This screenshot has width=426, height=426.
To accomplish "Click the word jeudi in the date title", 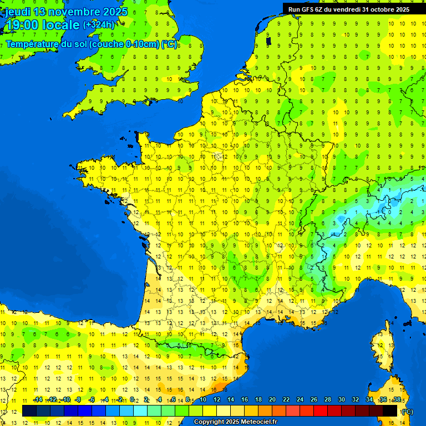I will pyautogui.click(x=18, y=12).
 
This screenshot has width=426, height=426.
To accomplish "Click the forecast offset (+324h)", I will pyautogui.click(x=99, y=25).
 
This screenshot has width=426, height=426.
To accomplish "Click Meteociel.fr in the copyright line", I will pyautogui.click(x=258, y=422).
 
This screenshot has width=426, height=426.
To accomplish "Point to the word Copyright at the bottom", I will pyautogui.click(x=209, y=422).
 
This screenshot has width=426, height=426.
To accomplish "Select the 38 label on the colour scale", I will pyautogui.click(x=397, y=399).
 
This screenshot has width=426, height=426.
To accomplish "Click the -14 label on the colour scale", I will pyautogui.click(x=38, y=399).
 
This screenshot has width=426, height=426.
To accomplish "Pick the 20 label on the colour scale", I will pyautogui.click(x=272, y=399).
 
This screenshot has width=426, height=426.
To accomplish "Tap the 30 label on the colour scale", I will pyautogui.click(x=342, y=399).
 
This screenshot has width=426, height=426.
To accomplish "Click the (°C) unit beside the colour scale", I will pyautogui.click(x=407, y=412).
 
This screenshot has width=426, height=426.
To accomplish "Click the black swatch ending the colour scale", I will pyautogui.click(x=390, y=411).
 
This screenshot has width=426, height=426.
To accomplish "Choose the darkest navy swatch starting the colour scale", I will pyautogui.click(x=29, y=411).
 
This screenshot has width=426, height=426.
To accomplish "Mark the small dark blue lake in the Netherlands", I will pyautogui.click(x=268, y=40).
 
